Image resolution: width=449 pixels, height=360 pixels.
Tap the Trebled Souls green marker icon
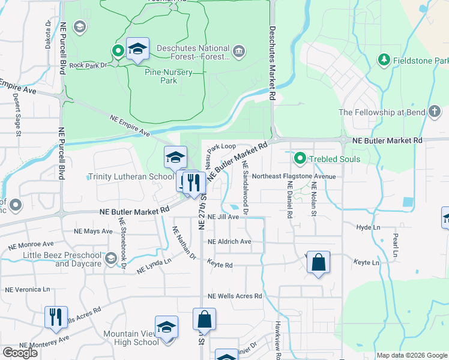[x=300, y=159]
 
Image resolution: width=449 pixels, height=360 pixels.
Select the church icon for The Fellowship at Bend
[x=435, y=112]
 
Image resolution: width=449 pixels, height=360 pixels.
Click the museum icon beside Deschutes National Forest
[x=240, y=50]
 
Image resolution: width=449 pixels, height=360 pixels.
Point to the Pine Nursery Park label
[x=169, y=76]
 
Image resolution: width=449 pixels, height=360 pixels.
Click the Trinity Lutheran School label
[x=131, y=177]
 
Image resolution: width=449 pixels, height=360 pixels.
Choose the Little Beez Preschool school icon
[x=110, y=259]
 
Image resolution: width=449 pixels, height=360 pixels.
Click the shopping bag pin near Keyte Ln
[x=318, y=263]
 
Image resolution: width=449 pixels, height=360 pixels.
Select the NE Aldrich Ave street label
[x=229, y=241]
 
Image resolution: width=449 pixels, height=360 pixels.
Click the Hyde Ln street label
[x=368, y=227]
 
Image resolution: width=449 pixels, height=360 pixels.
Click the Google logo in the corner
[x=20, y=353]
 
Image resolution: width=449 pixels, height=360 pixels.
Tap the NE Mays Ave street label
[x=93, y=231]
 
